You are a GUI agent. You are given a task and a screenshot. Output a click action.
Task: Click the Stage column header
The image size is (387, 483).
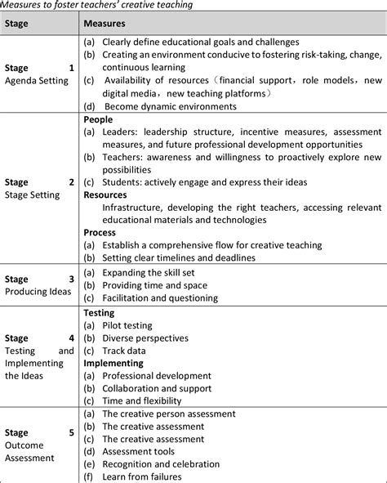click(18, 25)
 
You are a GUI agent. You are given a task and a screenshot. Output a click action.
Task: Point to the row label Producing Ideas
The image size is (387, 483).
click(34, 290)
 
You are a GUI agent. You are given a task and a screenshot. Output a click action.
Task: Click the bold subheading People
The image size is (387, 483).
click(98, 119)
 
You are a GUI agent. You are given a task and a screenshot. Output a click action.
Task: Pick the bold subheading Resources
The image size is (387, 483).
click(106, 195)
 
